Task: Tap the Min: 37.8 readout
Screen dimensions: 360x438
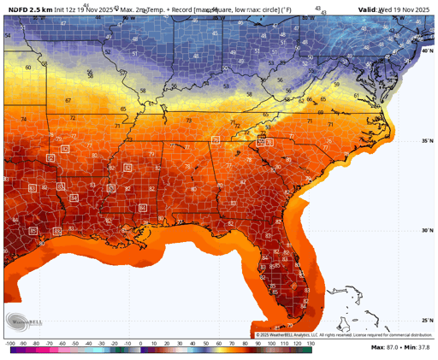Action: [x=419, y=347]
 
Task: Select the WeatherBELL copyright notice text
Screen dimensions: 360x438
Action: [x=342, y=334]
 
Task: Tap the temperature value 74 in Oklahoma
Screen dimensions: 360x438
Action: [x=23, y=119]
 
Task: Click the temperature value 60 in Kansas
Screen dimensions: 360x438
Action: [x=27, y=67]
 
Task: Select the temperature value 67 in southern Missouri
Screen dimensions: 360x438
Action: [x=68, y=101]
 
